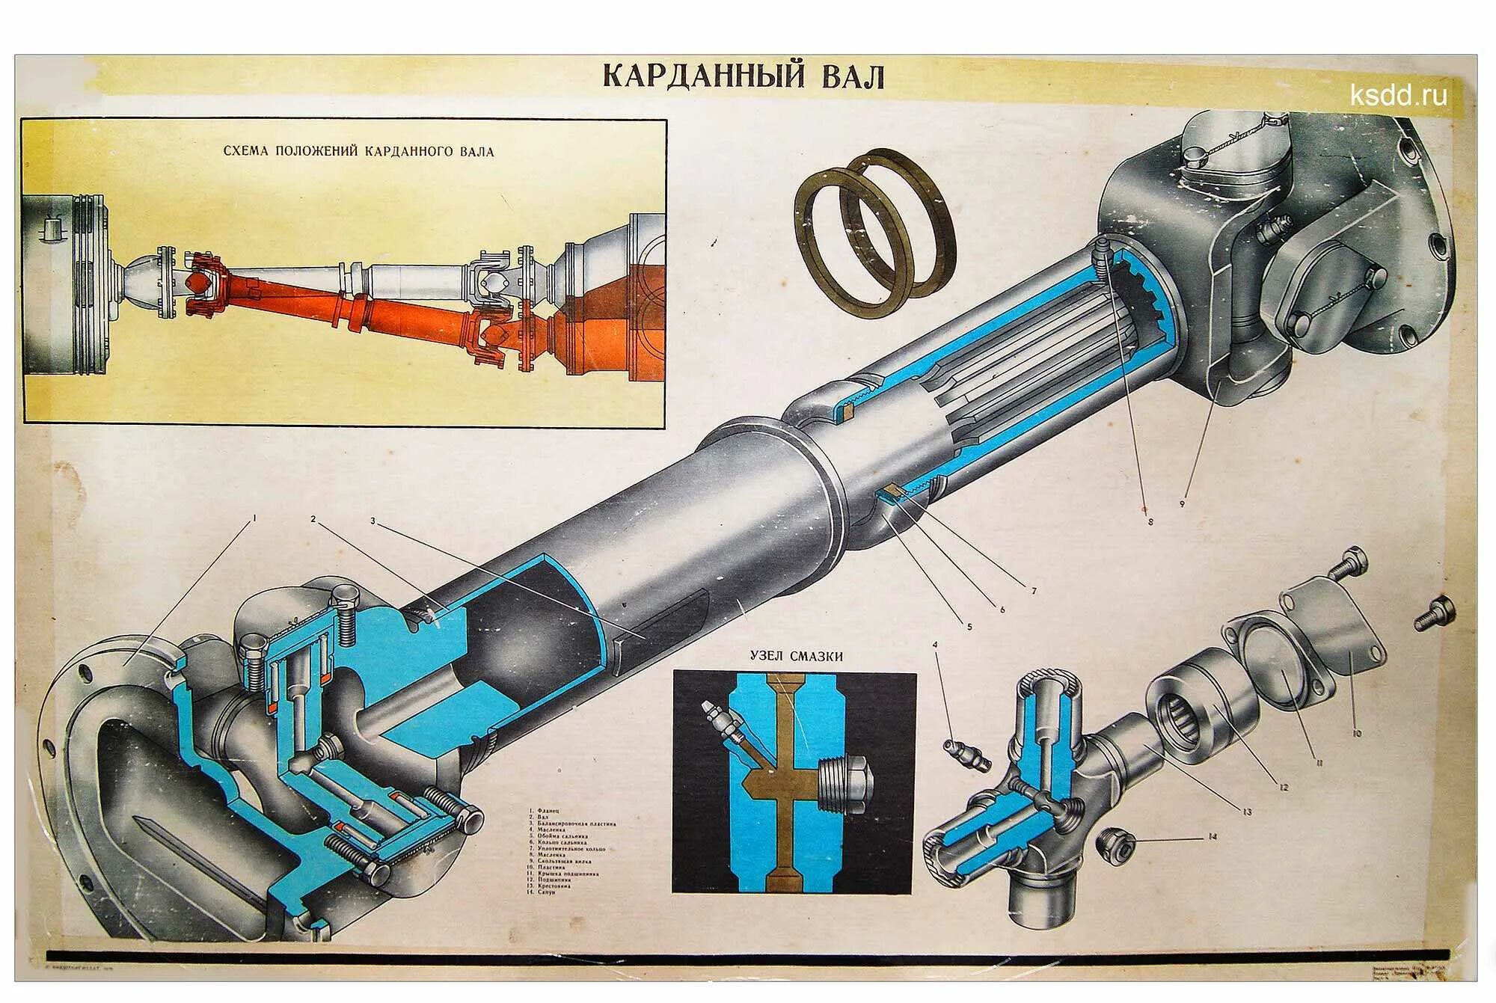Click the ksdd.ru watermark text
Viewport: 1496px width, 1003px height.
[x=1398, y=95]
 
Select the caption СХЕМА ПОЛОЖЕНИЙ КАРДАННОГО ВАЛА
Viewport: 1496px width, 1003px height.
[x=358, y=151]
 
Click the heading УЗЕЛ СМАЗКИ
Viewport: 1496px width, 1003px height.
[x=796, y=657]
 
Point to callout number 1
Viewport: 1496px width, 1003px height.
[x=255, y=517]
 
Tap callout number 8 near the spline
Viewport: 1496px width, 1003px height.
[x=1150, y=521]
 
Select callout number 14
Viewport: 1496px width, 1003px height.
[x=1213, y=837]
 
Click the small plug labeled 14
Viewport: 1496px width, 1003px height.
[x=1115, y=843]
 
